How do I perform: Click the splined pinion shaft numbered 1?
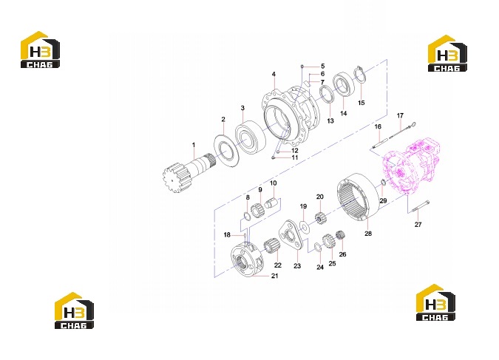click(188, 170)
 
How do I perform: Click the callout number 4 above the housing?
click(274, 74)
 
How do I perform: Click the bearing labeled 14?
click(344, 84)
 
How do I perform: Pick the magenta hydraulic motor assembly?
click(412, 165)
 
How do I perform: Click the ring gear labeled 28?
click(359, 197)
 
